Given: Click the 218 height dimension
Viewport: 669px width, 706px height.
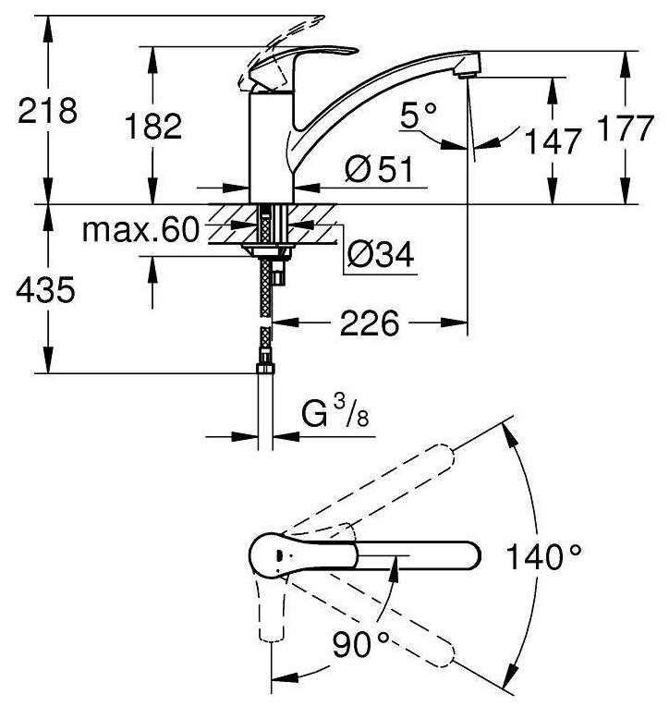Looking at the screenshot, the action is point(47,111).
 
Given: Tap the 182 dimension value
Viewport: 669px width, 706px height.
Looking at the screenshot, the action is point(153,126).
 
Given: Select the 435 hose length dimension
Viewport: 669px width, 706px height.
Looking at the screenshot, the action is point(46,289).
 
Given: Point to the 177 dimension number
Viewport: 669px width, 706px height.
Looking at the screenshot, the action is point(625,128).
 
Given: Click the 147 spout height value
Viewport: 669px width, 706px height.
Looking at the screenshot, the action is point(553,141).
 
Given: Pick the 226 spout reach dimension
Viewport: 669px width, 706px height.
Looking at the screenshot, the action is point(370,323).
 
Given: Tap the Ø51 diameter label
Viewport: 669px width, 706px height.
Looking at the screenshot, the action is point(379,169).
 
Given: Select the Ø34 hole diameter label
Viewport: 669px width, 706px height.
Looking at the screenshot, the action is point(381,254).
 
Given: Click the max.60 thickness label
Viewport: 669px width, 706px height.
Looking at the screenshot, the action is point(140,229).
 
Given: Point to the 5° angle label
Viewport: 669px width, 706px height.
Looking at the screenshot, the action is point(419,115).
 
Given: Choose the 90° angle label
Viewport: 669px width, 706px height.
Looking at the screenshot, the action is point(361,644).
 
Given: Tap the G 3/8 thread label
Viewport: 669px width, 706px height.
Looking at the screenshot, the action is point(334,414).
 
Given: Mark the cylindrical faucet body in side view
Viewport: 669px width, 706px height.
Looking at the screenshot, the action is point(272,147).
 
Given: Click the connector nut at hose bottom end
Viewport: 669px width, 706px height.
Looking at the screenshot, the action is point(265,369).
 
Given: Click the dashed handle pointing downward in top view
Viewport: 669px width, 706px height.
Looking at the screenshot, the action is point(272,609).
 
